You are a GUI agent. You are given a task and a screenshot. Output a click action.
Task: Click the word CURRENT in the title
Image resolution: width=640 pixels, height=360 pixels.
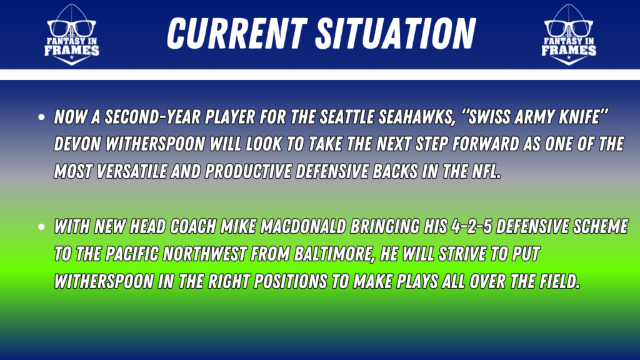click(x=237, y=34)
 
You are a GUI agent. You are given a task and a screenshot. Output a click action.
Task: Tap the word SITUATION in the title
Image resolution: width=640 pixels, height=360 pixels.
click(x=396, y=34)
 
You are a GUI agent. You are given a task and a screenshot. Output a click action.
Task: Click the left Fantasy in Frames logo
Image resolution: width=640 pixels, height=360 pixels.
click(x=71, y=35)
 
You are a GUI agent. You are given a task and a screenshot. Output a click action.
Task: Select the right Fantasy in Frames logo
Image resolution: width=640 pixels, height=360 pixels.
click(x=569, y=35)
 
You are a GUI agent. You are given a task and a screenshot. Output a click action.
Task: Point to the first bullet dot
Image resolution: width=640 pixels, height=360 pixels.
click(x=41, y=117)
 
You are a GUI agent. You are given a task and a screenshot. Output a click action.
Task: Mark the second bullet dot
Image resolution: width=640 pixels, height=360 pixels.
click(x=41, y=227)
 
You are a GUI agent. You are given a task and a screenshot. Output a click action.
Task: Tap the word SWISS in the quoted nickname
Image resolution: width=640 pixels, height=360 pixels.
click(x=487, y=117)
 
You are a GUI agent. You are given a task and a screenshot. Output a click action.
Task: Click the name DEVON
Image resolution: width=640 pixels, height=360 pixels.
click(x=77, y=144)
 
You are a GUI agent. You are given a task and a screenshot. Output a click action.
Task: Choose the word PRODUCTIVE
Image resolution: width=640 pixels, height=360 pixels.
click(x=249, y=171)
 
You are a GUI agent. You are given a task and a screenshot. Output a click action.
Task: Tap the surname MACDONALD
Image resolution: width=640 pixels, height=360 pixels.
click(x=304, y=226)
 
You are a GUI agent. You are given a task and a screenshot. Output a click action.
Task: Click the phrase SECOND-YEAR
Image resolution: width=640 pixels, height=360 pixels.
click(x=152, y=117)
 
